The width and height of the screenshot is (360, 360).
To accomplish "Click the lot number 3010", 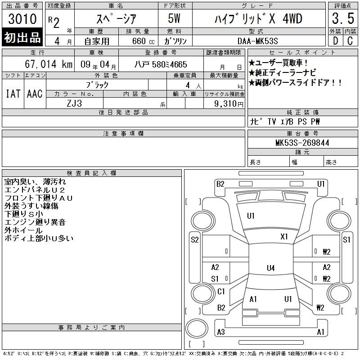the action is [22, 18].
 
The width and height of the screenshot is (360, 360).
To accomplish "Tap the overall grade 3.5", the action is [343, 18].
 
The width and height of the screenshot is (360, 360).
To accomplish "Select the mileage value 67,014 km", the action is [49, 64].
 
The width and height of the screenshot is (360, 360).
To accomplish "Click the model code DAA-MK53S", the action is [257, 41].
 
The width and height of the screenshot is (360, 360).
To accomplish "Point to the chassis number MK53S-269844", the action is [302, 143].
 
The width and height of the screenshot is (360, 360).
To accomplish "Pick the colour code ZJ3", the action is [74, 103].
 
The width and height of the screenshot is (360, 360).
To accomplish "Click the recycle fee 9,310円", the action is [229, 104].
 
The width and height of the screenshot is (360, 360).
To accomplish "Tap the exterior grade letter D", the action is [335, 41].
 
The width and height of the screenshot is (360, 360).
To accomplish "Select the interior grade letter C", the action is [350, 41].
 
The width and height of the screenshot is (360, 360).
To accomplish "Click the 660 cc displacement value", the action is [143, 41].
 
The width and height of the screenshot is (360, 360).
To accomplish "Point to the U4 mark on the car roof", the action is [271, 268].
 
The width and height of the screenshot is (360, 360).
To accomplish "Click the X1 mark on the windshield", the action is [284, 237].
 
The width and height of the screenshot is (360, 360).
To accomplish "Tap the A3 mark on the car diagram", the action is [221, 332].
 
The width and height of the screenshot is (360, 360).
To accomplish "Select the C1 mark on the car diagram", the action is [221, 292].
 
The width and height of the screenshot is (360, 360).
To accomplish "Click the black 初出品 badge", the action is [22, 37].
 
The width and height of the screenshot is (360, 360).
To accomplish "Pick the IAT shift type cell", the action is [13, 94].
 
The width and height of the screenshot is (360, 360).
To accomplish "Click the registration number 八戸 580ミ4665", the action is [161, 64].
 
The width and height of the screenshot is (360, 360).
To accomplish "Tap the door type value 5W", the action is [174, 18].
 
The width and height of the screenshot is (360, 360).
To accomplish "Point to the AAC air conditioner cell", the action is [35, 94].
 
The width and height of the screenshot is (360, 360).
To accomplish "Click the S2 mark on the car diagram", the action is [195, 240].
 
